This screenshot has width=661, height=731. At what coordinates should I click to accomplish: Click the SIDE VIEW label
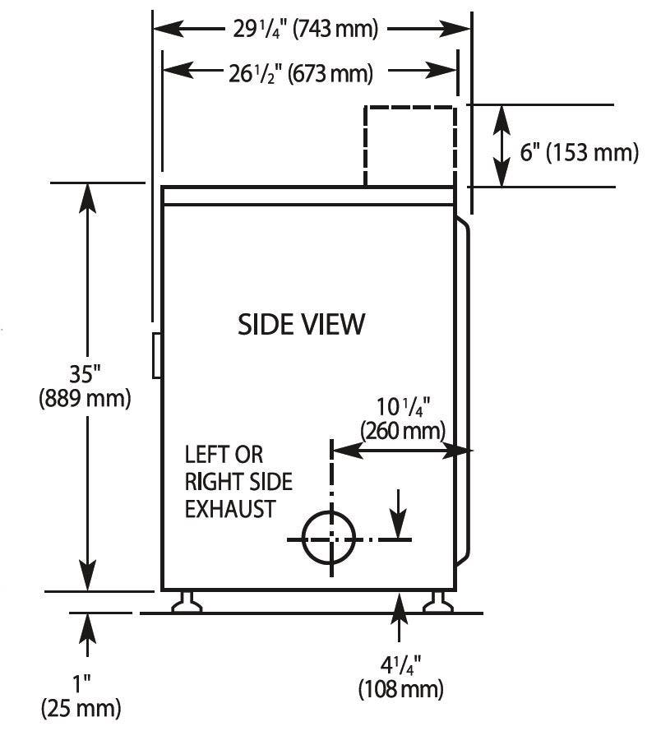301,325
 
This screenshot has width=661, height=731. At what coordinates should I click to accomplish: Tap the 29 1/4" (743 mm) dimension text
305,29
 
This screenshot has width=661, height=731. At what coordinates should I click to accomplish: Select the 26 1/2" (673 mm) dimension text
301,73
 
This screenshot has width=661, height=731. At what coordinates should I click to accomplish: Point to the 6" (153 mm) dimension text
579,152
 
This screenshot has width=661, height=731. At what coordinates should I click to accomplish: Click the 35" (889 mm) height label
85,386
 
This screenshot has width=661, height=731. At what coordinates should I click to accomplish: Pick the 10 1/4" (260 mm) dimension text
403,419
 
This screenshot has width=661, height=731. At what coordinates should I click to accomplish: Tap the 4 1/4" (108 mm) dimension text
401,677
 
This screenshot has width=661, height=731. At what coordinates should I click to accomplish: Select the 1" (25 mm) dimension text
81,696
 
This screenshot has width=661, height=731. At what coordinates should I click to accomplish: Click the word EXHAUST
230,509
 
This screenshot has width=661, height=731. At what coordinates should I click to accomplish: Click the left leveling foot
187,602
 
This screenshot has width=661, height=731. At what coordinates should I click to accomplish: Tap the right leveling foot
437,602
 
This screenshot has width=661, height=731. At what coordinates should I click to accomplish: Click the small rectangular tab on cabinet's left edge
157,355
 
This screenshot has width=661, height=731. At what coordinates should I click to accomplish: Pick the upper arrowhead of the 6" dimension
502,120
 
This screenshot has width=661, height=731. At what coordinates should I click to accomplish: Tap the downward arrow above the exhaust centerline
399,514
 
